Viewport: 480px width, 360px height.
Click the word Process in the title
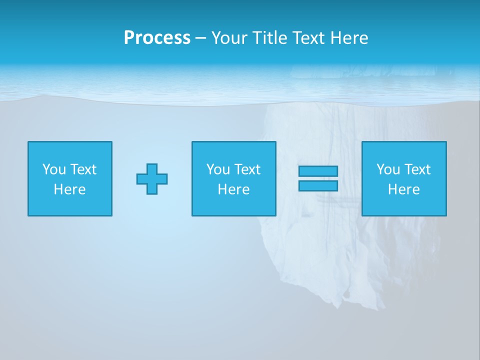[x=157, y=38]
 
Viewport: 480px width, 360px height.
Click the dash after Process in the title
[x=200, y=38]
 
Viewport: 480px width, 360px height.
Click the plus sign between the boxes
[x=152, y=178]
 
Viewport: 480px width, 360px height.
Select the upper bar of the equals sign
[x=318, y=171]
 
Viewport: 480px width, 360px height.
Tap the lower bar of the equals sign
[x=318, y=185]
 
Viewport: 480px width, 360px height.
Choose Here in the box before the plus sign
[x=69, y=189]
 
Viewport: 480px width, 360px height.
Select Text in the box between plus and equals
[x=246, y=169]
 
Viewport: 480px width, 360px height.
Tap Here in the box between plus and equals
[x=233, y=189]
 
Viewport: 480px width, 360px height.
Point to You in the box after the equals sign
[x=388, y=169]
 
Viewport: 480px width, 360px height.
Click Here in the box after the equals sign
[x=403, y=189]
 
